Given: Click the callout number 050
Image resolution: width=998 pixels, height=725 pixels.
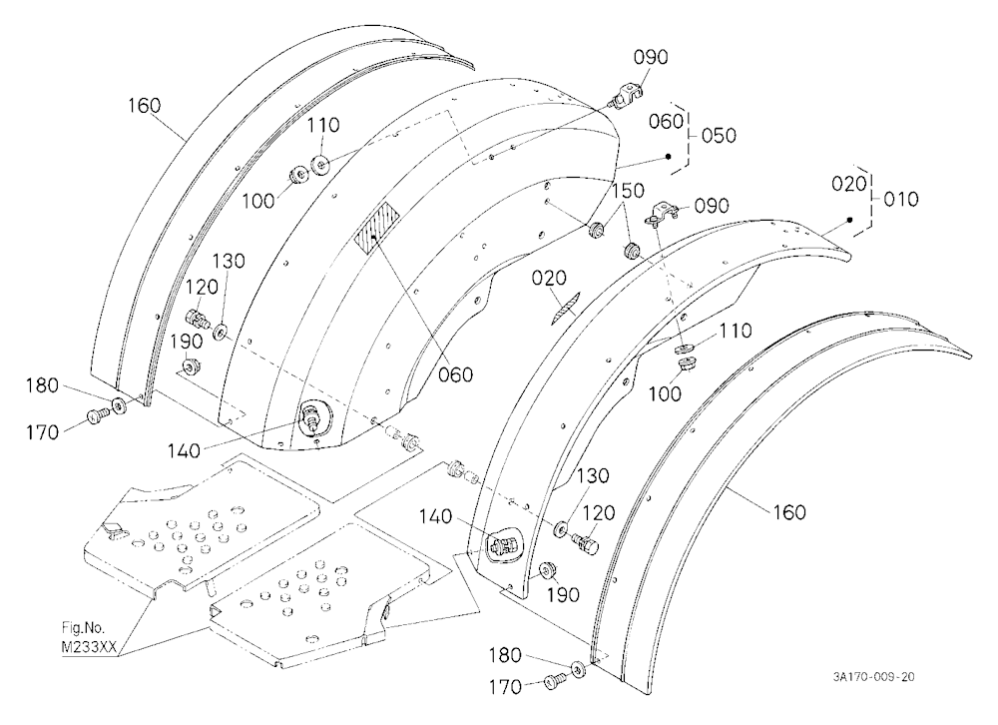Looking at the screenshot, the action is click(x=720, y=136).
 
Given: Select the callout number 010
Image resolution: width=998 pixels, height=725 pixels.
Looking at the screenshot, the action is click(x=901, y=200).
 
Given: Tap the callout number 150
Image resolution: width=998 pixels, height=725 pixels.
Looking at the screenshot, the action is click(x=628, y=191).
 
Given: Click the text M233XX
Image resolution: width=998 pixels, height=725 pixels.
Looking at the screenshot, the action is click(x=89, y=646).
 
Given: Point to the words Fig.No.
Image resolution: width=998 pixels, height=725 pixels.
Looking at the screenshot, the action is click(x=84, y=627).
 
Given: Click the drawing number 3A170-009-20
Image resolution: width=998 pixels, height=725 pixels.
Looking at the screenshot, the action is click(x=873, y=677).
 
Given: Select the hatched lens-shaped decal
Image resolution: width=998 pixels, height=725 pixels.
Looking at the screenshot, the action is click(x=565, y=308).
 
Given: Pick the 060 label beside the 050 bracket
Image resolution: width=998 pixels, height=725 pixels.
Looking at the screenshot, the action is click(x=667, y=121).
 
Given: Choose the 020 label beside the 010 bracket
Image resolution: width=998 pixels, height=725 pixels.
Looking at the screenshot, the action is click(x=849, y=184).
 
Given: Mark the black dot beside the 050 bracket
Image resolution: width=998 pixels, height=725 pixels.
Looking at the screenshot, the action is click(x=669, y=157).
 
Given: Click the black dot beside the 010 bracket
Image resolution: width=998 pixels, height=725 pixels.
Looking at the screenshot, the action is click(x=849, y=221).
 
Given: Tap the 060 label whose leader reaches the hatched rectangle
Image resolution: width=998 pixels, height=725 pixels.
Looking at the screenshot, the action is click(x=456, y=374).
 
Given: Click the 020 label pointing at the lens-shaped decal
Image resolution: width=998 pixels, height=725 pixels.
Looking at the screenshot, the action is click(x=550, y=278).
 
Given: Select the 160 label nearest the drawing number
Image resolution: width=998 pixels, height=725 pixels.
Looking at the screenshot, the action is click(x=789, y=512).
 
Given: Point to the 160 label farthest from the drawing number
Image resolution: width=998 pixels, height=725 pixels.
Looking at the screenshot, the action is click(x=145, y=105).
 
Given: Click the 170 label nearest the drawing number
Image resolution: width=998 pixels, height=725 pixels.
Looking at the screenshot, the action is click(x=505, y=687).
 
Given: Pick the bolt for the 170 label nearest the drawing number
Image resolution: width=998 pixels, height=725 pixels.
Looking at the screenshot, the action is click(x=553, y=682).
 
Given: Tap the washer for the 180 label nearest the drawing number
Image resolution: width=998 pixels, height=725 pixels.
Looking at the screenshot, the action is click(x=579, y=669).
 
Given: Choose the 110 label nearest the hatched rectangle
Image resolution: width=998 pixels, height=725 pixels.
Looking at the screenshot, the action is click(x=324, y=125).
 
